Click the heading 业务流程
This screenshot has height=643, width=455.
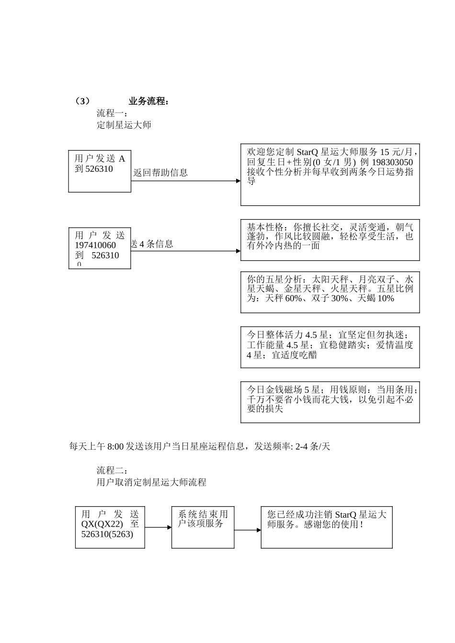[x=148, y=101]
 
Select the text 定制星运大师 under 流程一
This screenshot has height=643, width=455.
[x=124, y=125]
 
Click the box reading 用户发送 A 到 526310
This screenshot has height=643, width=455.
[x=100, y=171]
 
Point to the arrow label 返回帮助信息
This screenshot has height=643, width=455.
[x=160, y=173]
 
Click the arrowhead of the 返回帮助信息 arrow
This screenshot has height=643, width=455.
[x=238, y=181]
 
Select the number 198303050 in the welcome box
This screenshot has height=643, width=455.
[x=392, y=162]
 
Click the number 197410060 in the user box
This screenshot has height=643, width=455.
[x=95, y=245]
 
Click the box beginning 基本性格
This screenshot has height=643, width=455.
[x=330, y=240]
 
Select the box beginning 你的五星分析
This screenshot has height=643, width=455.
[x=330, y=292]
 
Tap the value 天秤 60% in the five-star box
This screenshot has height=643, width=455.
[x=287, y=299]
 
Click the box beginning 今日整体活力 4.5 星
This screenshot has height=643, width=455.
[x=330, y=347]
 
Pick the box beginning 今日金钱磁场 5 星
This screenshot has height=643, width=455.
[x=330, y=402]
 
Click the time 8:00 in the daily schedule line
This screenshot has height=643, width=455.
[x=115, y=447]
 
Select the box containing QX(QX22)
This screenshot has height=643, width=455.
[x=110, y=527]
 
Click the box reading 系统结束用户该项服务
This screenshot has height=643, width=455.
[x=203, y=527]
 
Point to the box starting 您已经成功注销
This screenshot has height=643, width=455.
[x=327, y=527]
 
